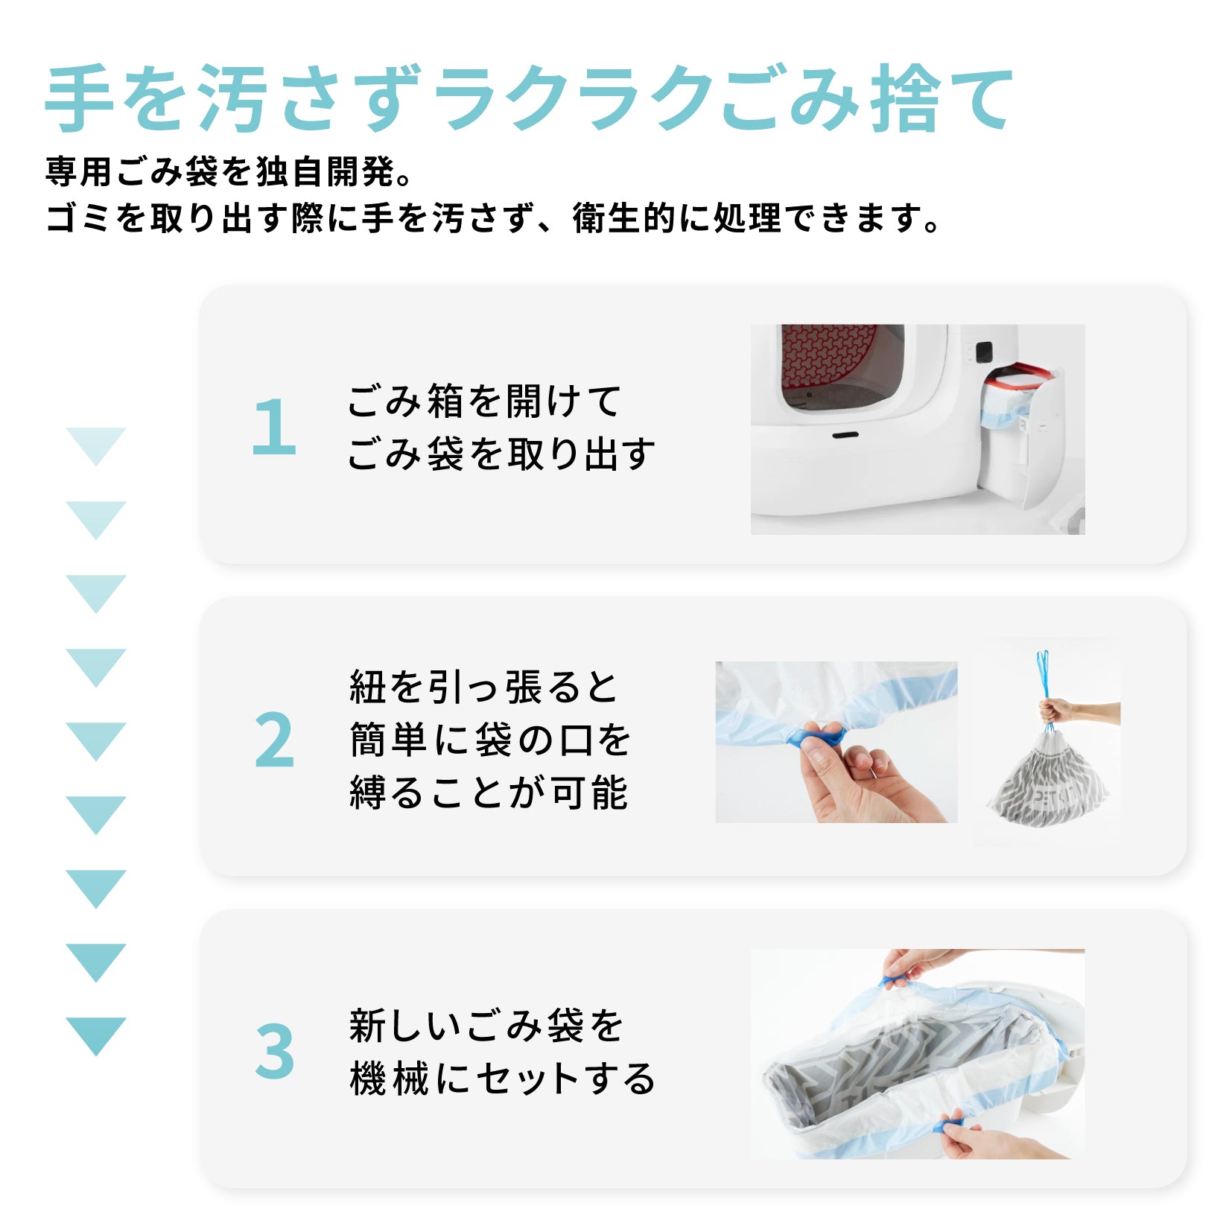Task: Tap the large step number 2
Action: [274, 740]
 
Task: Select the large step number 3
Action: [274, 1051]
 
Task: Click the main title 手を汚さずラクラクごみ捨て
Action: [529, 99]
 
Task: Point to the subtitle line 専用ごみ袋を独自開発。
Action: [229, 171]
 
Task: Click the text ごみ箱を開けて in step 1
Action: [484, 401]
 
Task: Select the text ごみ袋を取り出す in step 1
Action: [501, 454]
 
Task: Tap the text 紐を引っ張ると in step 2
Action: [484, 687]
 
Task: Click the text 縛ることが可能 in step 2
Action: [489, 793]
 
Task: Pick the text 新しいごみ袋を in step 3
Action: [486, 1026]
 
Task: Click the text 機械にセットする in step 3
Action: [502, 1079]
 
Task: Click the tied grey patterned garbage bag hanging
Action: [1047, 779]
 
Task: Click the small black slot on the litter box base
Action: [845, 435]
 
